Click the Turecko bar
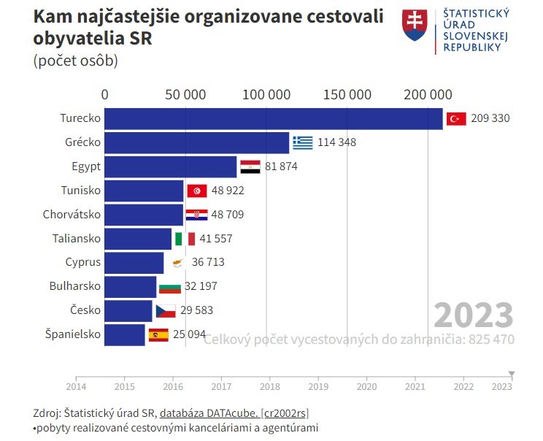coord(274,118)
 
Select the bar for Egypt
coord(171,166)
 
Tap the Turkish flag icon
coord(456,118)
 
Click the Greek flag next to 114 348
coord(302,142)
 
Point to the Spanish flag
coord(158,335)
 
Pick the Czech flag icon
coord(166,311)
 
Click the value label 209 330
coord(490,118)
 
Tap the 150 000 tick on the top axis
coord(347,94)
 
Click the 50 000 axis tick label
coord(185,94)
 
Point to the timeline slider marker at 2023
coord(512,374)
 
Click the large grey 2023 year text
coord(473,315)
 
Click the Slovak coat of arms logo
coord(414,26)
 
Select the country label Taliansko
coord(77,239)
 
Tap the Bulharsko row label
coord(75,287)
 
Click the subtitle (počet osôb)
coord(75,61)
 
